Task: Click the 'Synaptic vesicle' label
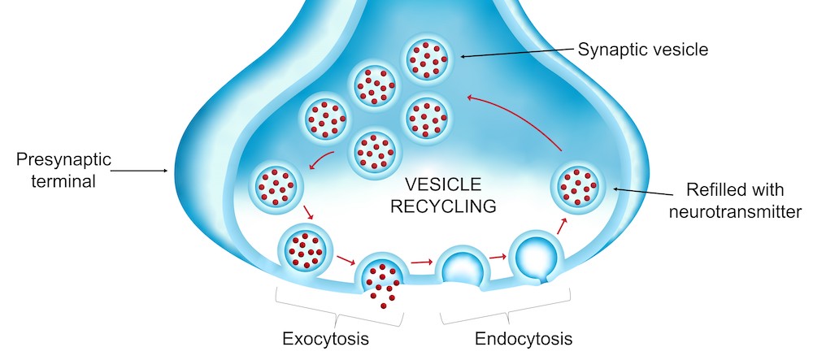tap(643, 50)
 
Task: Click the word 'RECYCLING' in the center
tap(443, 206)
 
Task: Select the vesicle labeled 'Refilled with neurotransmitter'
tap(580, 186)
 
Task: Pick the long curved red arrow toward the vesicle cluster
tap(520, 118)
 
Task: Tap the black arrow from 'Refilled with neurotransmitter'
tap(646, 193)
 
